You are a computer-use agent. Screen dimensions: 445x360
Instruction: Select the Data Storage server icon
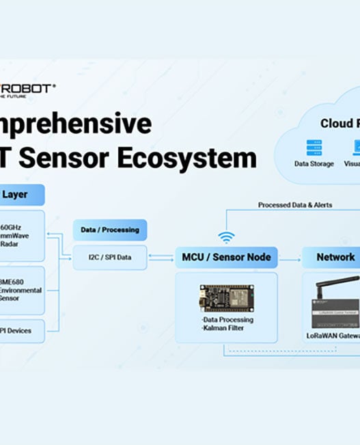[314, 147]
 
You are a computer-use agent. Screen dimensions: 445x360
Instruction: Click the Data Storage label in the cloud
[314, 164]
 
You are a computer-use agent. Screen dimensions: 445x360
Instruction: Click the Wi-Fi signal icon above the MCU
[226, 237]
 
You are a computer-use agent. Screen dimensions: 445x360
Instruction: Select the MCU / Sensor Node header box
[226, 258]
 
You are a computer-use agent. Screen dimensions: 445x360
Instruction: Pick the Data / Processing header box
[109, 230]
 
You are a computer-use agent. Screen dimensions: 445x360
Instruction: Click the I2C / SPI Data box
[109, 258]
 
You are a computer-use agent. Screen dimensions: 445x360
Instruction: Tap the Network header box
[335, 258]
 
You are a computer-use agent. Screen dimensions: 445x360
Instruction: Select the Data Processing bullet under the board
[227, 319]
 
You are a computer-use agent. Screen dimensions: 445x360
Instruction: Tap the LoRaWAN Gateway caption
[333, 336]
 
